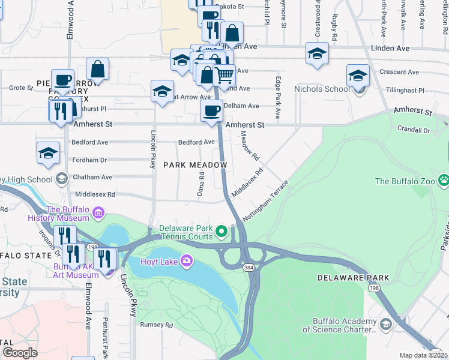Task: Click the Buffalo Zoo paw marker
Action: pyautogui.click(x=444, y=179)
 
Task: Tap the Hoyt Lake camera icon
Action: pyautogui.click(x=187, y=260)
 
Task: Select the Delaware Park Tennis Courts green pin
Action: pyautogui.click(x=221, y=230)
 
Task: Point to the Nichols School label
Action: pyautogui.click(x=321, y=89)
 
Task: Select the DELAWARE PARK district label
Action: pyautogui.click(x=354, y=278)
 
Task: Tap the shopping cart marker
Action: pyautogui.click(x=224, y=76)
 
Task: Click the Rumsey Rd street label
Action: pyautogui.click(x=156, y=325)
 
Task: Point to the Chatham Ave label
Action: pyautogui.click(x=92, y=178)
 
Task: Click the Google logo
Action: pyautogui.click(x=20, y=353)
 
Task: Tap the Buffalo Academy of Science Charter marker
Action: pyautogui.click(x=385, y=325)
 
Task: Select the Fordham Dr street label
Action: pyautogui.click(x=89, y=160)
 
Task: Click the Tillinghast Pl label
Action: pyautogui.click(x=405, y=91)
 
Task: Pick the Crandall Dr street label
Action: pyautogui.click(x=414, y=130)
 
